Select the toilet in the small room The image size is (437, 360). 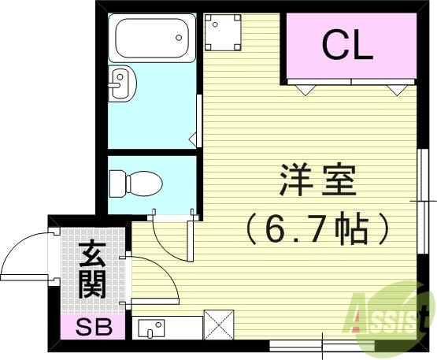[135, 184]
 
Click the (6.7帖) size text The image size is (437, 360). [317, 229]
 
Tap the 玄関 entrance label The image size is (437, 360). [92, 270]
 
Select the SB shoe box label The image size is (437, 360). [92, 325]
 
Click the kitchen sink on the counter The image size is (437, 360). [150, 326]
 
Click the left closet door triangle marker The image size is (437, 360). [303, 89]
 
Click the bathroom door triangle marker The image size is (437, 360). [193, 140]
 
